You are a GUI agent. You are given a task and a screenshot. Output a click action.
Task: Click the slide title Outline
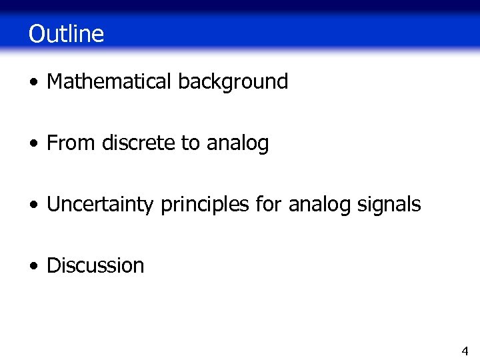click(66, 33)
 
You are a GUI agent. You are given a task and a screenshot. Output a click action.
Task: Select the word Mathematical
click(109, 82)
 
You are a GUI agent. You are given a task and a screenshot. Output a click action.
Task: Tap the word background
click(233, 82)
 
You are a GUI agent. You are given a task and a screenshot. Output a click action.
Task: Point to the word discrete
click(139, 143)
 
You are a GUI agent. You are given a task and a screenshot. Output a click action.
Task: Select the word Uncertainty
click(101, 205)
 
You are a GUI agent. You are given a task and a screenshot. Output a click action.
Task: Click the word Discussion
click(95, 265)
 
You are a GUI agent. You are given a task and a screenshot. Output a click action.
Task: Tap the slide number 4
click(465, 351)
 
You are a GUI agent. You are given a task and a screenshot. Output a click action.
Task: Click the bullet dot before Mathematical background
click(34, 83)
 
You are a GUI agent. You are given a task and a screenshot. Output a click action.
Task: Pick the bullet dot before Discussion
click(34, 267)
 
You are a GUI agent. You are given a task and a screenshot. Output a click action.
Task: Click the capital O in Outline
click(37, 34)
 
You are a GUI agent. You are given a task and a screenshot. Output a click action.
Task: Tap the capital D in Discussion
click(53, 265)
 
